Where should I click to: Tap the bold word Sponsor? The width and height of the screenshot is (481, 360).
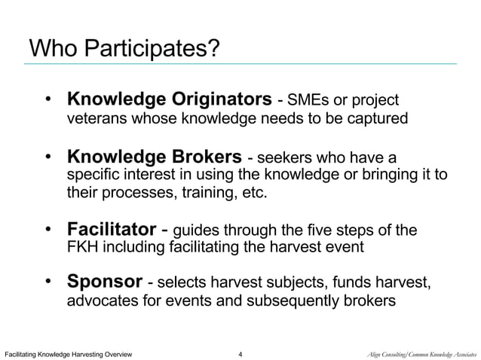[105, 282]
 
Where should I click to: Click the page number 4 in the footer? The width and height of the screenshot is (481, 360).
[240, 352]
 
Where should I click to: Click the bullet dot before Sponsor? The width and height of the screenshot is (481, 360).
[50, 282]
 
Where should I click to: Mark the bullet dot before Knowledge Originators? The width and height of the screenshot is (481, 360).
[50, 99]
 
